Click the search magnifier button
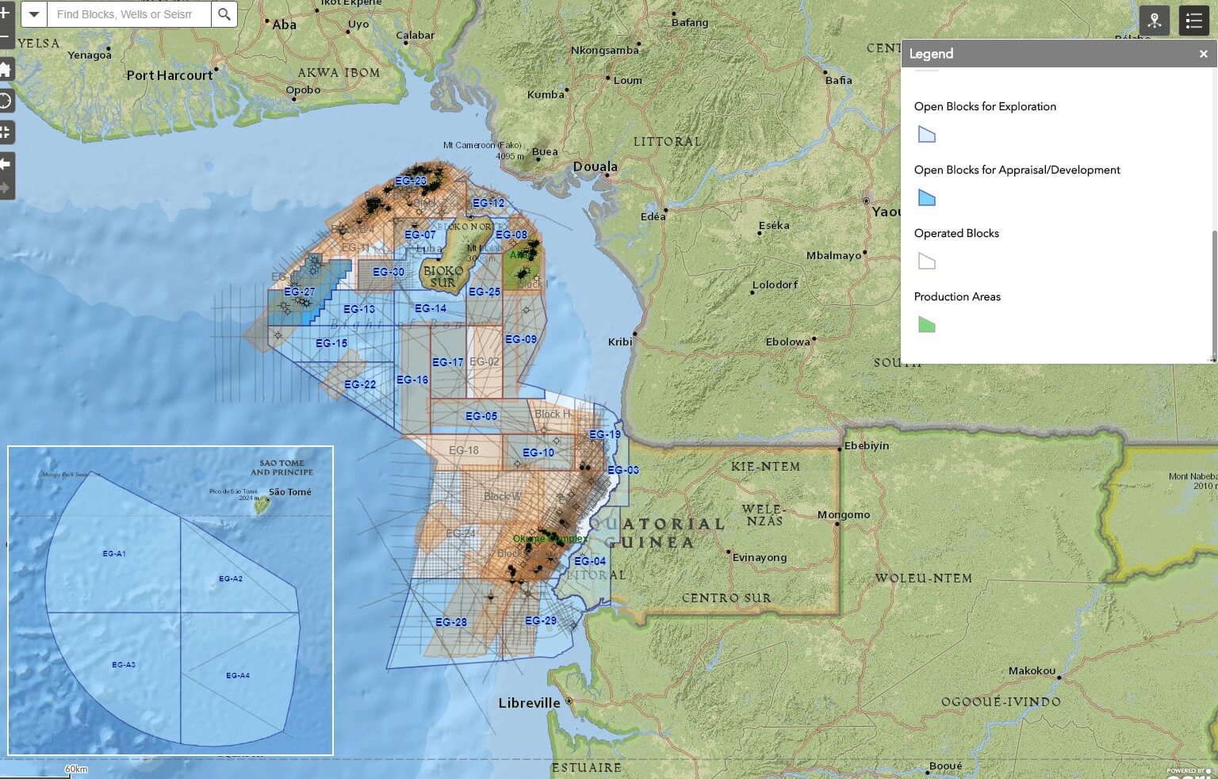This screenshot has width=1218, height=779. [x=224, y=14]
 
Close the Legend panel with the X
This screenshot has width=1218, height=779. [x=1203, y=54]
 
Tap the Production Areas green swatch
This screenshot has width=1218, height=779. [x=926, y=325]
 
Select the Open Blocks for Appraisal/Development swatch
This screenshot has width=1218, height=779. [x=926, y=198]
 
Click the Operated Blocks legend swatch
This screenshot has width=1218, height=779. [x=926, y=262]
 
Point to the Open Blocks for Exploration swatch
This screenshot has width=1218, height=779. [x=926, y=135]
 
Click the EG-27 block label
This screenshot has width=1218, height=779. [x=300, y=292]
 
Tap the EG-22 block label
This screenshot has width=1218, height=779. [x=360, y=384]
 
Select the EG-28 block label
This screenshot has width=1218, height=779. [x=451, y=622]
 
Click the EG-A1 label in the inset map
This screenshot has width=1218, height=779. [x=114, y=554]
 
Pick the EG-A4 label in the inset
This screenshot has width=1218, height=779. [x=238, y=676]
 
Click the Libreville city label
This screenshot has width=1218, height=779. [x=529, y=703]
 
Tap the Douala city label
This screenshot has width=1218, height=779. [x=595, y=166]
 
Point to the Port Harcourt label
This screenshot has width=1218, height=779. [x=170, y=75]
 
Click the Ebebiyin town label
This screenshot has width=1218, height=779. [x=867, y=446]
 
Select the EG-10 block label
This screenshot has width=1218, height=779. [x=538, y=453]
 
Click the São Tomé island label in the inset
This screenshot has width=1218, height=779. [x=289, y=492]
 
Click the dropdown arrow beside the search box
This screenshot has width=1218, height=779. [x=34, y=14]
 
